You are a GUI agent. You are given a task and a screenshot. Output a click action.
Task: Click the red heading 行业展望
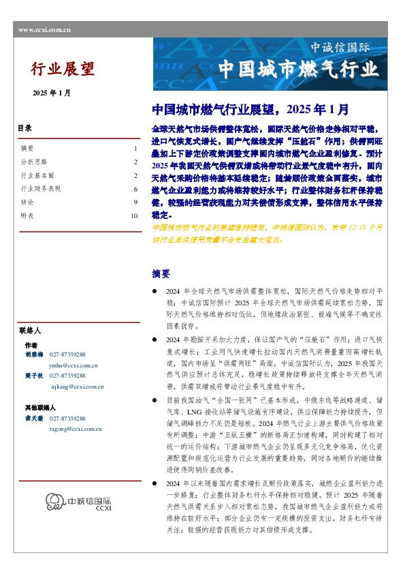coord(63,68)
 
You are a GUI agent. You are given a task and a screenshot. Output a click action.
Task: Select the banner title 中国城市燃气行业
coord(297,70)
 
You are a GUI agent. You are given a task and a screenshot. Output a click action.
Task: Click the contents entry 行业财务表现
coord(41,188)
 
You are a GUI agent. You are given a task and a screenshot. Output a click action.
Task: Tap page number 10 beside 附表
coord(134,215)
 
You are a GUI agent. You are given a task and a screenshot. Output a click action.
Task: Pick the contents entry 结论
coord(28,202)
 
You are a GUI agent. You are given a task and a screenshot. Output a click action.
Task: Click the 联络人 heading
coord(31,329)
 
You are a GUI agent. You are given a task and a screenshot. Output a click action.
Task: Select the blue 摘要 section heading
coord(161,273)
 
